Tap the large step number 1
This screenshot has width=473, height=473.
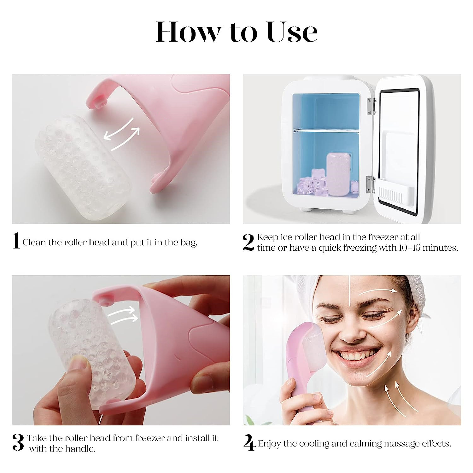click(x=16, y=241)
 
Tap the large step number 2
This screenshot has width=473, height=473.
click(x=248, y=242)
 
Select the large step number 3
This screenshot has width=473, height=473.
click(x=18, y=442)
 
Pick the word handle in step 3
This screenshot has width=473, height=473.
click(x=81, y=449)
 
